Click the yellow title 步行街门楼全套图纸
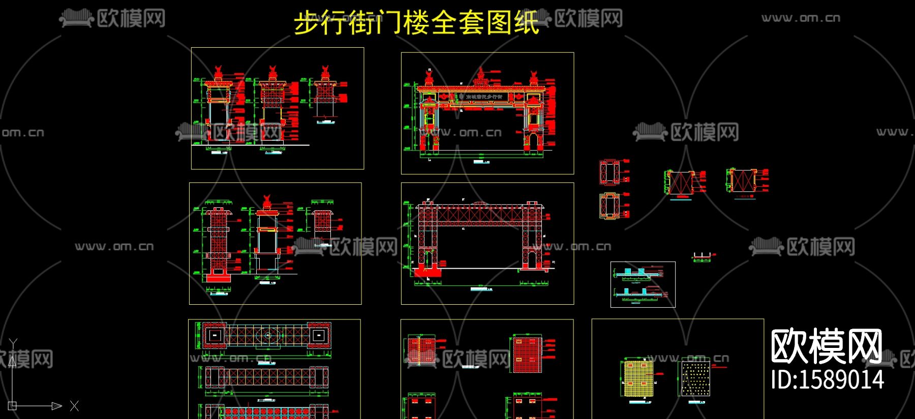point(416,23)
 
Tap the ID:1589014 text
point(827,380)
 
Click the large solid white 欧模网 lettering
point(827,346)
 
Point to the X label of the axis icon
point(74,406)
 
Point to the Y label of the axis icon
point(13,344)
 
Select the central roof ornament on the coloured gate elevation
point(480,76)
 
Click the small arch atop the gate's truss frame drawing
point(479,204)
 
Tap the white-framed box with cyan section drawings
point(643,284)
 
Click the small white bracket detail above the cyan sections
point(701,256)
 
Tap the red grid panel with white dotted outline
point(527,354)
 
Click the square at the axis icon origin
point(13,406)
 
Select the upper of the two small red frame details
point(609,172)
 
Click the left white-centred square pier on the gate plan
point(215,335)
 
